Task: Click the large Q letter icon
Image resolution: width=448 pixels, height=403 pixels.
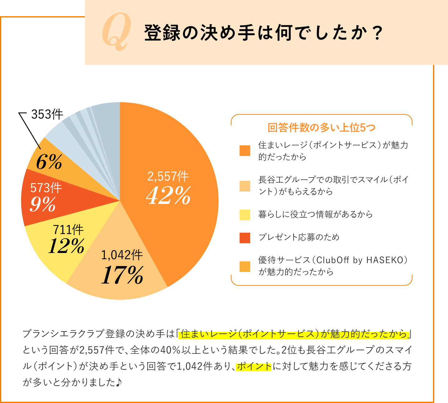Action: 116,32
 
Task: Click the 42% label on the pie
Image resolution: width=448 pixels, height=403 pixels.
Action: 168,196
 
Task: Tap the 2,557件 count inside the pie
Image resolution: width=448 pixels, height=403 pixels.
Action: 168,177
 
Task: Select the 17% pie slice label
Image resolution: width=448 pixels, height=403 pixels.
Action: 122,275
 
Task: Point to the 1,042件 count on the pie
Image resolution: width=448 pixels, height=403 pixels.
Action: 122,255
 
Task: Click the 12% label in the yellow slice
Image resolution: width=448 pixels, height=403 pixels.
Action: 66,246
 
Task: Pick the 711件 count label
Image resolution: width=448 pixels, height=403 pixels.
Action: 68,230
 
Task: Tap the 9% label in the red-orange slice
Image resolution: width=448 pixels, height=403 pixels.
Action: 43,204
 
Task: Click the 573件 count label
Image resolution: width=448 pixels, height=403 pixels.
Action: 46,188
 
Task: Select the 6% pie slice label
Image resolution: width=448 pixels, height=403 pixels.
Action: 49,162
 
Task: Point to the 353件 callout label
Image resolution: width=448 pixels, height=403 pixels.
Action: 47,114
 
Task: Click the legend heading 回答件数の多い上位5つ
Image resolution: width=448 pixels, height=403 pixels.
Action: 321,128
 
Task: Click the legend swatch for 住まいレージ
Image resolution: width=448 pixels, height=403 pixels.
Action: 245,151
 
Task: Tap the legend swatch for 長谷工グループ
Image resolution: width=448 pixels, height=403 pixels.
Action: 245,186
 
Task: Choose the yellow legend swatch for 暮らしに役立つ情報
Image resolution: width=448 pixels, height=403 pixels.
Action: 245,215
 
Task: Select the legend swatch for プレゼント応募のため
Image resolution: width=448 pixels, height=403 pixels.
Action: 245,238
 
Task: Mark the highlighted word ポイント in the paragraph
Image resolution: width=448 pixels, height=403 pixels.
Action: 254,366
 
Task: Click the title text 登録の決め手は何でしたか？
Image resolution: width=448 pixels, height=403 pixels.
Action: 264,33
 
